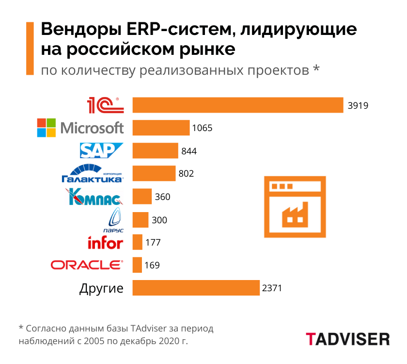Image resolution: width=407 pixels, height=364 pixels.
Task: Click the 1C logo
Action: [105, 105]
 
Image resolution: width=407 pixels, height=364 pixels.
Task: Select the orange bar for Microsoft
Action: [161, 128]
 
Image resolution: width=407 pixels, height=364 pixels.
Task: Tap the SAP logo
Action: [102, 150]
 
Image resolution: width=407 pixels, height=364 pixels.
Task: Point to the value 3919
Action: [358, 105]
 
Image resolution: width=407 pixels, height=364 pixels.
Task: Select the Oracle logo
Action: [87, 265]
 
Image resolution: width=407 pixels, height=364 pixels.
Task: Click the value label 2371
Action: [272, 288]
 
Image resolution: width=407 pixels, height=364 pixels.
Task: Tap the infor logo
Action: [105, 242]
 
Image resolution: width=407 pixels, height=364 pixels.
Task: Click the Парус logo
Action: [113, 220]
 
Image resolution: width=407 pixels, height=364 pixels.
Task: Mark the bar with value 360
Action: [142, 197]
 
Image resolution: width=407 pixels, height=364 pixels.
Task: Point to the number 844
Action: [189, 151]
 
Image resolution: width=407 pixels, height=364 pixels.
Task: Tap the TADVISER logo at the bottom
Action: [347, 339]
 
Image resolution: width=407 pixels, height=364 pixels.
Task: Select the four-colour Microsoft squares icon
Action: [47, 128]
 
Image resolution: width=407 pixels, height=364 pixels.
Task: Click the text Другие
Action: [101, 288]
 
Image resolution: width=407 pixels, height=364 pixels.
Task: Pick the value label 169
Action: [152, 265]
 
